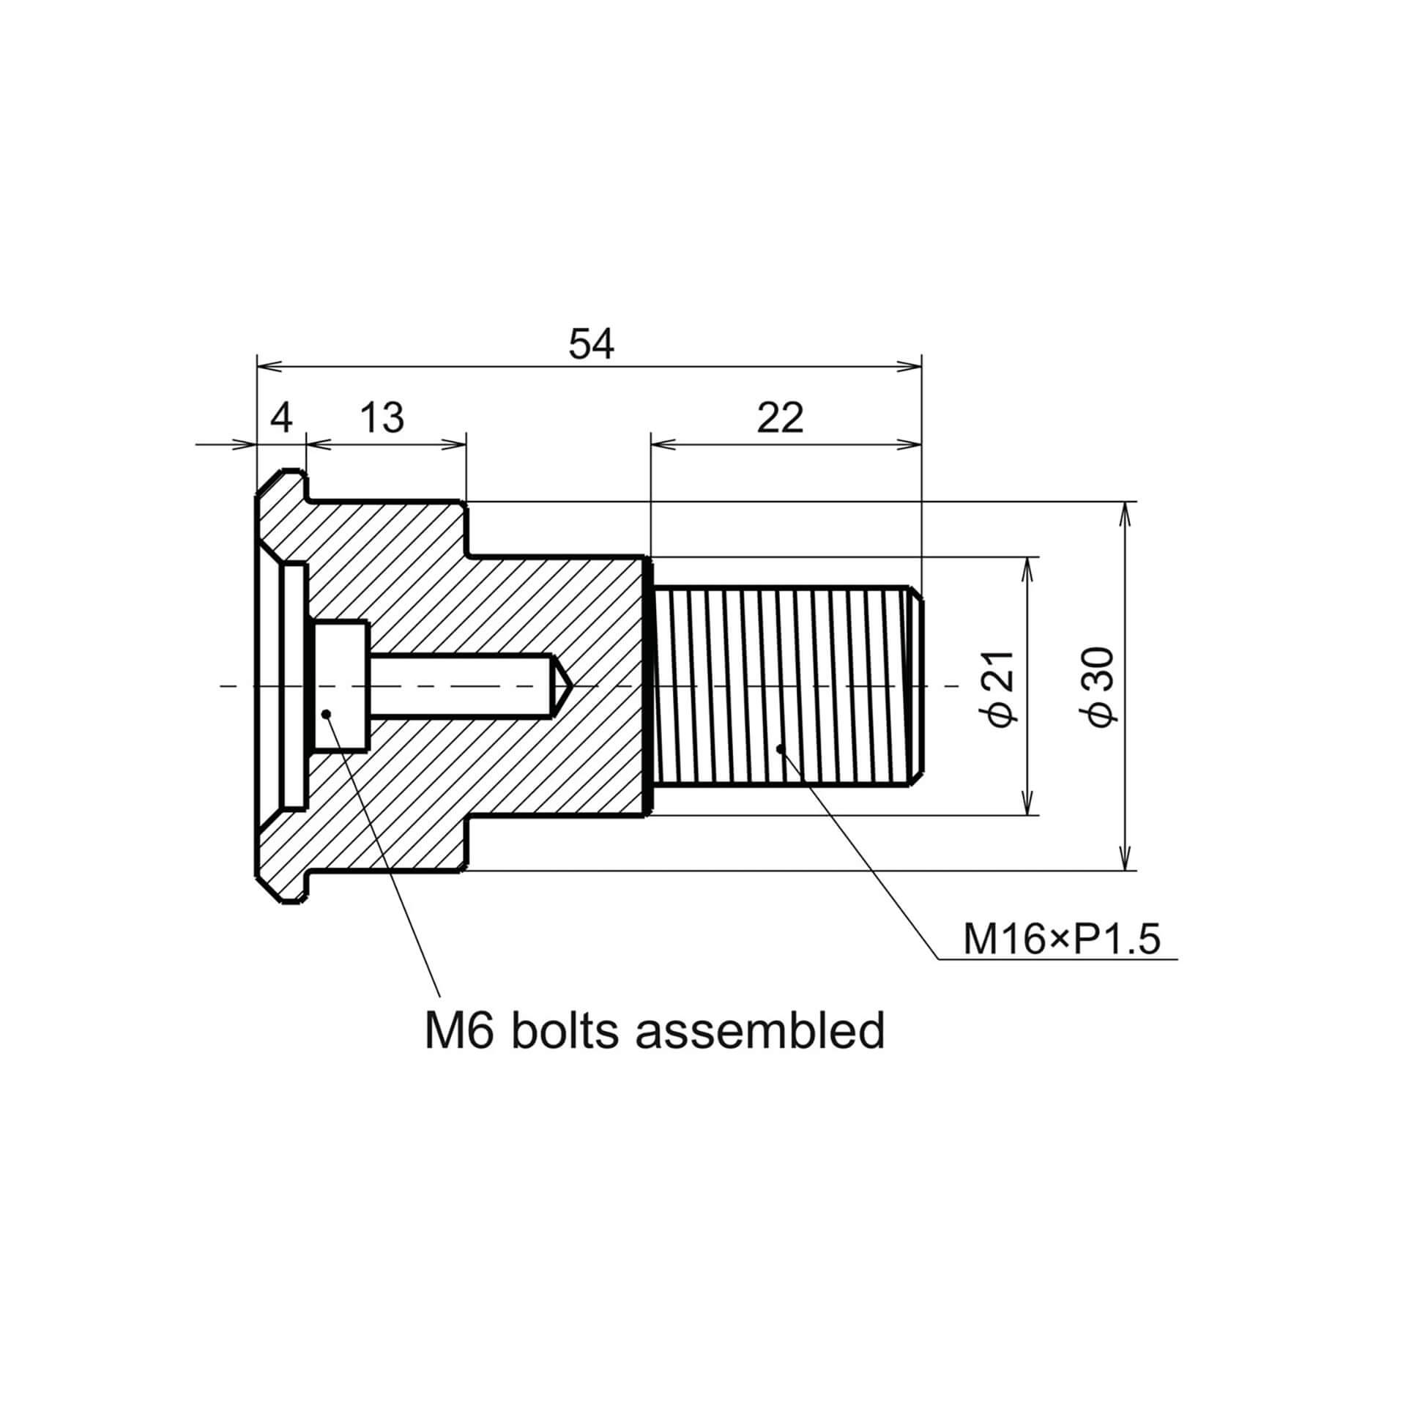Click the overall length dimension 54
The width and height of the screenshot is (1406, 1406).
(x=591, y=345)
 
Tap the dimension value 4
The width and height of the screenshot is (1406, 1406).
(x=282, y=418)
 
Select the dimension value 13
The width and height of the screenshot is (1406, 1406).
(x=382, y=418)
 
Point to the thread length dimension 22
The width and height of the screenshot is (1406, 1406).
(x=780, y=418)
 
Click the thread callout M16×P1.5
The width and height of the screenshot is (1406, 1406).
(x=1062, y=940)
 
